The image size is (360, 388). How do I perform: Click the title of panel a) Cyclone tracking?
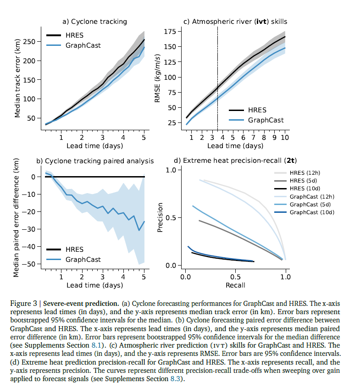pyautogui.click(x=94, y=21)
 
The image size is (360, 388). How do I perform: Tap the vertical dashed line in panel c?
pyautogui.click(x=217, y=78)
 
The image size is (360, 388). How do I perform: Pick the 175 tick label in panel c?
pyautogui.click(x=170, y=32)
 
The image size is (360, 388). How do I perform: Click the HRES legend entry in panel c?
pyautogui.click(x=257, y=110)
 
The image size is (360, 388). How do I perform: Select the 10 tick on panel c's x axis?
pyautogui.click(x=285, y=137)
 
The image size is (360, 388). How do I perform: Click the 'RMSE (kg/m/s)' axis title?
pyautogui.click(x=158, y=78)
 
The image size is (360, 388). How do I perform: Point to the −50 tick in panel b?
pyautogui.click(x=33, y=264)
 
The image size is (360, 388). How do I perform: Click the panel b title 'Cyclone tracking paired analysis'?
pyautogui.click(x=95, y=161)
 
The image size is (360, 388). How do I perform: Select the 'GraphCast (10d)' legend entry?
pyautogui.click(x=312, y=212)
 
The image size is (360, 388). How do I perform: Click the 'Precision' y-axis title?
pyautogui.click(x=161, y=217)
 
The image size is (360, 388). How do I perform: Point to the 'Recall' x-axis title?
pyautogui.click(x=235, y=285)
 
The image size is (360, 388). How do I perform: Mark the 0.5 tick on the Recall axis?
pyautogui.click(x=235, y=277)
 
